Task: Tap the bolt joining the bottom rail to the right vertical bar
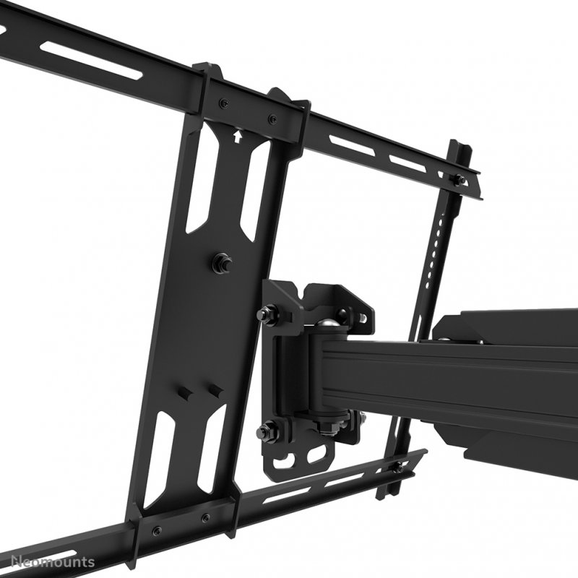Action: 397,469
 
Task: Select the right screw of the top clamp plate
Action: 272,119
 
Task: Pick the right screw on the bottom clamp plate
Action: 206,517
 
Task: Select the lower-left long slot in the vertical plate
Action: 158,455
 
